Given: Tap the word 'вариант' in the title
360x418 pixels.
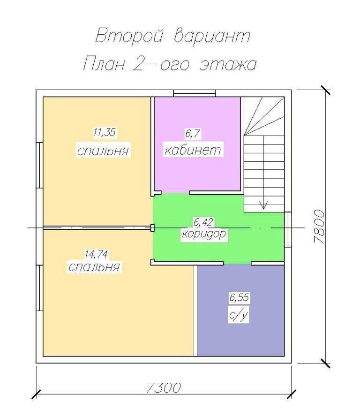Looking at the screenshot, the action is [x=212, y=36].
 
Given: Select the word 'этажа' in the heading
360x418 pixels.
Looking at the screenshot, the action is [x=228, y=65].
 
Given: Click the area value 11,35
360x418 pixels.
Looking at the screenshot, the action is [x=105, y=132].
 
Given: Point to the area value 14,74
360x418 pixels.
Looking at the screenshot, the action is [x=96, y=254].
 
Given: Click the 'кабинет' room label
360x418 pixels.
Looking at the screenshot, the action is [x=193, y=150].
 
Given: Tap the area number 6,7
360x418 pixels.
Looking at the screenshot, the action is [x=193, y=134].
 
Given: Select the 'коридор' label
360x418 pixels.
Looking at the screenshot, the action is [x=204, y=234].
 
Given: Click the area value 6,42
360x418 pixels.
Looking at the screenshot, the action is [x=204, y=222].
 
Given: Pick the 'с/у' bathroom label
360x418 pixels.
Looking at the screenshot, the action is [x=238, y=315].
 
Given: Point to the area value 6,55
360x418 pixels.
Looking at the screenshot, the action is [x=240, y=297].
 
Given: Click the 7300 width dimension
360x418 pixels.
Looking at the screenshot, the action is [x=164, y=388].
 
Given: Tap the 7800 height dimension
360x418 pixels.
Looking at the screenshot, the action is [x=319, y=227].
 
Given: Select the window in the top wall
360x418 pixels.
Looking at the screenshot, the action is [x=195, y=93].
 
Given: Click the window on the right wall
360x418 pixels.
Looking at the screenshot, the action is [x=288, y=229].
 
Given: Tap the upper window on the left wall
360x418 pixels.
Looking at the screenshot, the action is [x=40, y=165].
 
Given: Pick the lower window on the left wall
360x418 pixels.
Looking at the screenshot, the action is [x=40, y=288].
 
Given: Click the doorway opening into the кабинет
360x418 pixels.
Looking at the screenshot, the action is [x=175, y=192].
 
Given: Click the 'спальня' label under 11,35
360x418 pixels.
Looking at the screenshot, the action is [x=103, y=150].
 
